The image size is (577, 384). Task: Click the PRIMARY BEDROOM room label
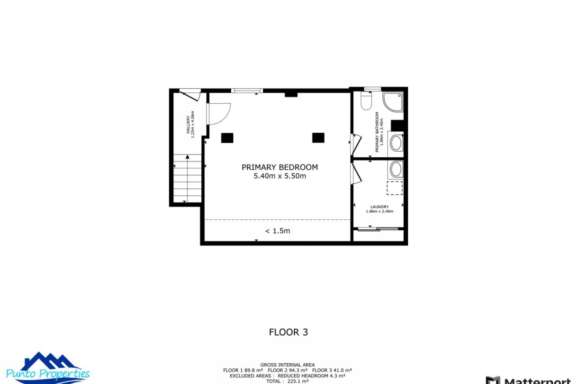(x=279, y=167)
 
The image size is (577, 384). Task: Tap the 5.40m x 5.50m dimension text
(x=279, y=176)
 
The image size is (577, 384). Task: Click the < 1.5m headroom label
(x=277, y=231)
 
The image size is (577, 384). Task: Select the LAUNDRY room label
(x=379, y=207)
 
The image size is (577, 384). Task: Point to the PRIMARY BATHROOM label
(x=377, y=132)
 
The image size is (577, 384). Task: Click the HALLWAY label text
(x=188, y=124)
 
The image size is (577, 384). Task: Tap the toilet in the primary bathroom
(x=366, y=101)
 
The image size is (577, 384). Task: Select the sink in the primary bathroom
(x=396, y=143)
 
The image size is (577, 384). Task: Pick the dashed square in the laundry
(x=394, y=188)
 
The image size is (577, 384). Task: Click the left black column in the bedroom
(x=227, y=138)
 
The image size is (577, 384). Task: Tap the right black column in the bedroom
(x=318, y=138)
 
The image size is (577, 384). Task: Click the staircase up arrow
(x=188, y=157)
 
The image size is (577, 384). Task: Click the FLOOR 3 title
(x=288, y=332)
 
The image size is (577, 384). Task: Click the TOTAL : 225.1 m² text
(x=287, y=381)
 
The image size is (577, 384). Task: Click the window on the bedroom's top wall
(x=247, y=91)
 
